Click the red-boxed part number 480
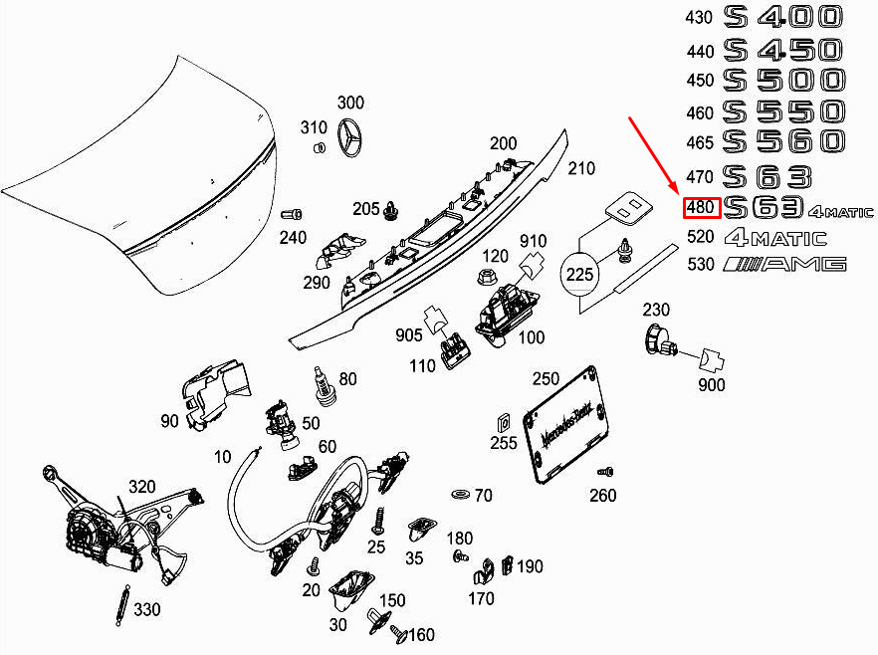point(700,208)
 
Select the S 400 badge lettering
point(782,17)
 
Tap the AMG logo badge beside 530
point(784,264)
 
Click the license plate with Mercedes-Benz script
point(565,423)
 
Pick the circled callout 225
point(579,275)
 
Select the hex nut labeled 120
point(485,276)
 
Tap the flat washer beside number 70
point(461,495)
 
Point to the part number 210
point(581,168)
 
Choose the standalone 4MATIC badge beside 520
point(775,238)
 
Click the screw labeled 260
point(605,472)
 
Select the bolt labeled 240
point(291,214)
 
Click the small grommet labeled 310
point(320,147)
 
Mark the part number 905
point(409,334)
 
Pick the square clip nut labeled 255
point(504,423)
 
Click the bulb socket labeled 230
point(660,340)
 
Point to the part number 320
point(142,487)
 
